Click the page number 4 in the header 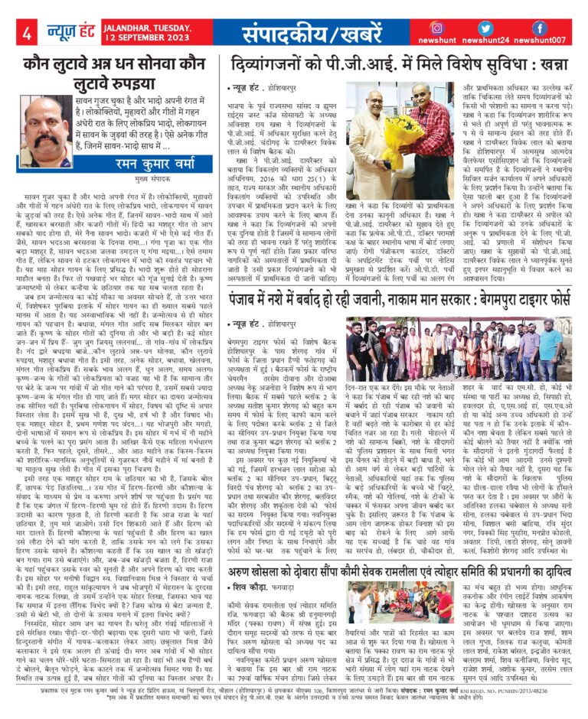[x=27, y=34]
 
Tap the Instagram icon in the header [x=437, y=28]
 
